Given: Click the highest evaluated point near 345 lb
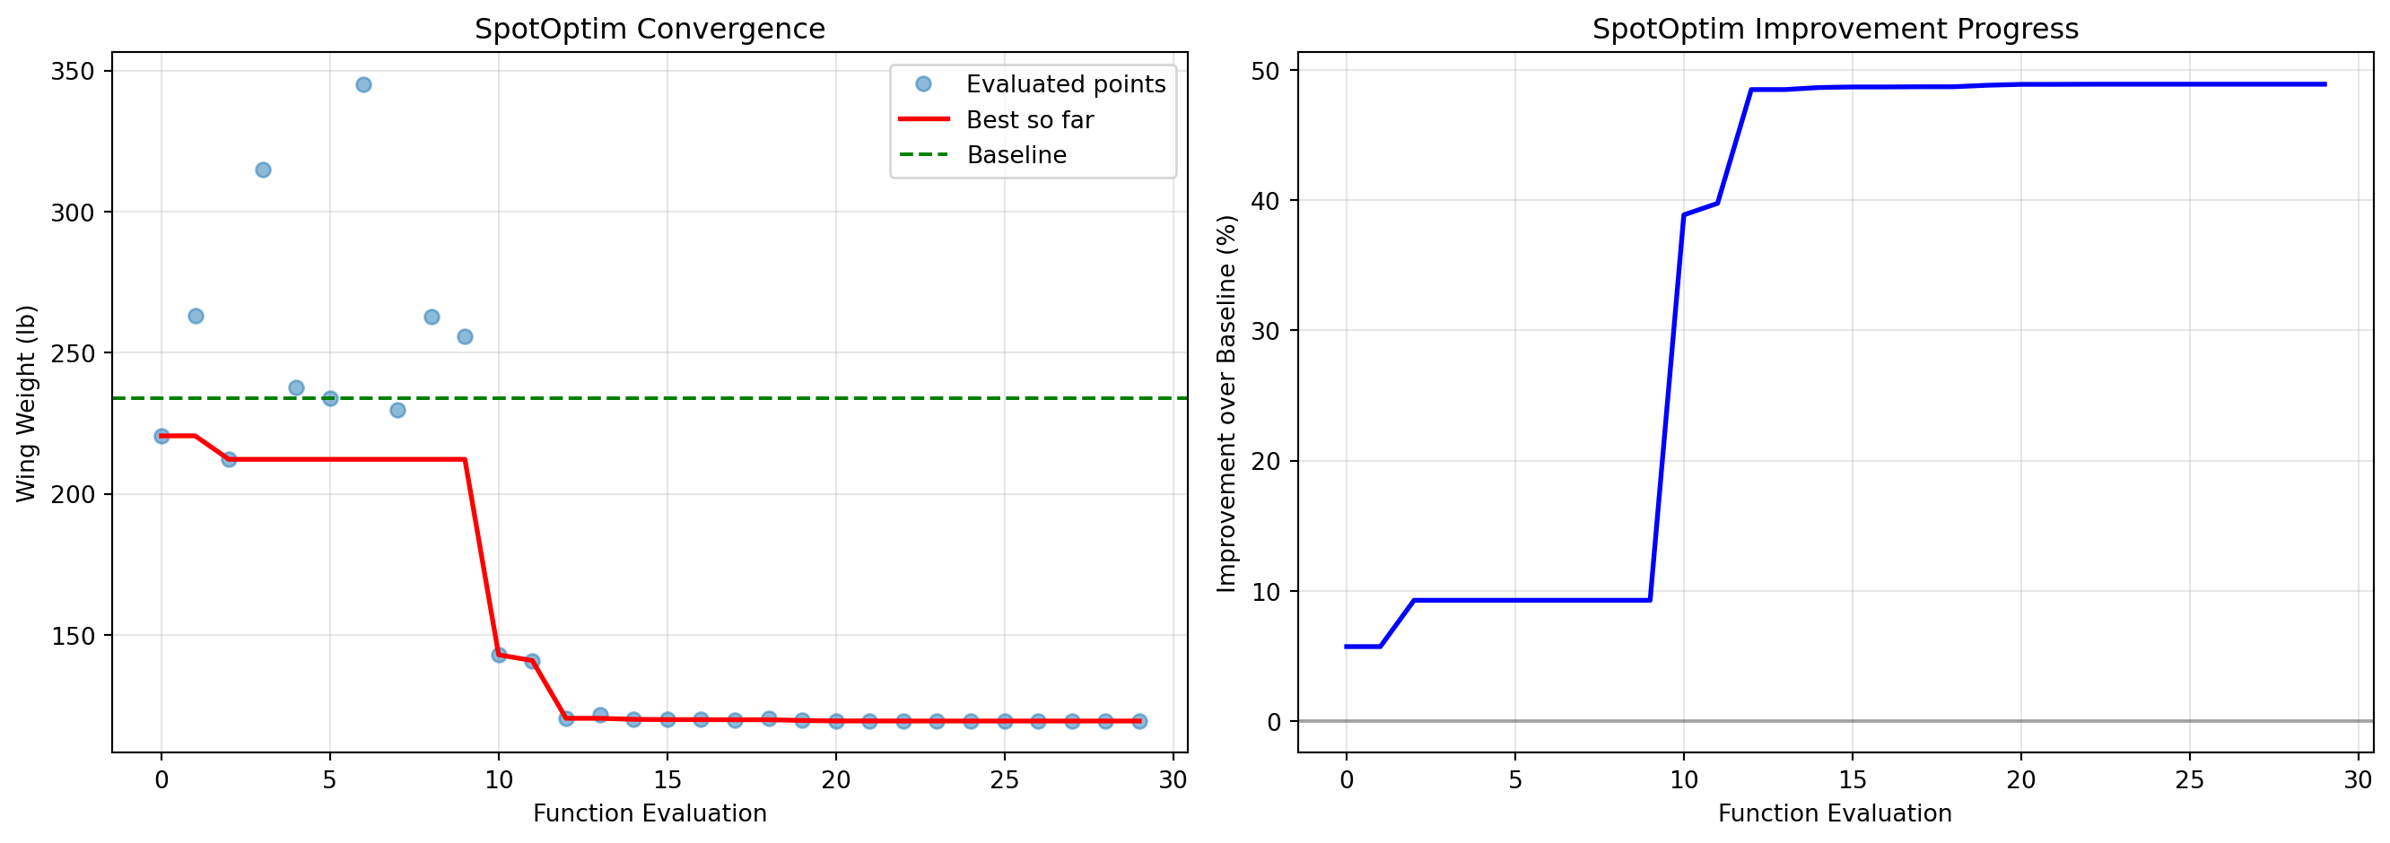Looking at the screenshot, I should coord(363,85).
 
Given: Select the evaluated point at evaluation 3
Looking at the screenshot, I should coord(263,170).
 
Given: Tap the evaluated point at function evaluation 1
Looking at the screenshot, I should coord(196,317).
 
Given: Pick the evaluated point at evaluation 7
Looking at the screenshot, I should coord(397,410).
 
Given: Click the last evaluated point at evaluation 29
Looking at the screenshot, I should coord(1139,722).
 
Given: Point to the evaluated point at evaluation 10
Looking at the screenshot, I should coord(499,655).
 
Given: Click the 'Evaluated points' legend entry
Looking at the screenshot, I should coord(1065,84).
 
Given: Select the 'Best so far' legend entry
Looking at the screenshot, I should coord(1030,119).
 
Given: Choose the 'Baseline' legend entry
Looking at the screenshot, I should coord(1016,155).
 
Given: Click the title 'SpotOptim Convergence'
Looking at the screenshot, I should coord(650,29).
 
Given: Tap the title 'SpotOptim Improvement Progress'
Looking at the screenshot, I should coord(1835,29).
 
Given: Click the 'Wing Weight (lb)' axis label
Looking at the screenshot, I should coord(26,404).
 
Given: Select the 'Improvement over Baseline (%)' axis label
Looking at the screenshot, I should coord(1226,404).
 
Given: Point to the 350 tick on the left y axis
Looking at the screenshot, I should coord(73,72).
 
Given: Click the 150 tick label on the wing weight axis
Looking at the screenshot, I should coord(73,636).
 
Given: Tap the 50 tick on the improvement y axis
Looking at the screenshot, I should coord(1265,71).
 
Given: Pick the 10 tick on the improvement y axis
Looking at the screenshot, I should coord(1265,592).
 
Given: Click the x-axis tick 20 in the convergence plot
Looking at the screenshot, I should coord(836,780).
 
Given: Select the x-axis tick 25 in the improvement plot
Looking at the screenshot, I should coord(2190,780).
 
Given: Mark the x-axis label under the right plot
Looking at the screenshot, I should coord(1835,813).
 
